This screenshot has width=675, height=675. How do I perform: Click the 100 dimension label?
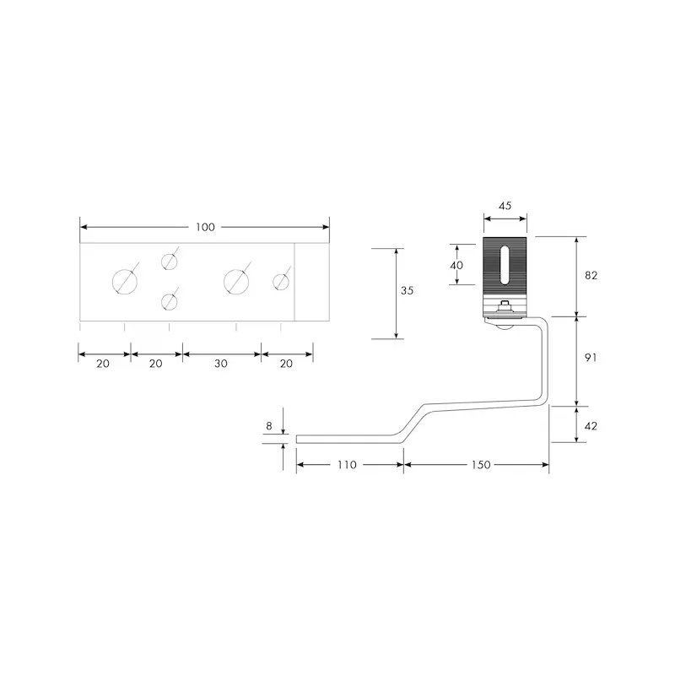click(x=205, y=227)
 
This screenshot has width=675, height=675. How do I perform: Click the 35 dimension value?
click(x=407, y=290)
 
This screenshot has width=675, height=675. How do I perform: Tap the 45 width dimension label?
click(x=505, y=206)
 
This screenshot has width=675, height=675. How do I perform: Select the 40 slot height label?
click(x=456, y=265)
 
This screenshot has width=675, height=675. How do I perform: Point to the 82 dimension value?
click(x=591, y=275)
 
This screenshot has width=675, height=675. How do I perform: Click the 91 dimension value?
click(x=591, y=357)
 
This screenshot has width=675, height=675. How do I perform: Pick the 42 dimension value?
click(x=591, y=426)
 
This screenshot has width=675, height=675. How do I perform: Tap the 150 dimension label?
click(x=481, y=465)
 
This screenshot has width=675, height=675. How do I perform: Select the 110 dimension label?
click(x=347, y=465)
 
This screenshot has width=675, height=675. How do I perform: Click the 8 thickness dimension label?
click(x=269, y=426)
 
